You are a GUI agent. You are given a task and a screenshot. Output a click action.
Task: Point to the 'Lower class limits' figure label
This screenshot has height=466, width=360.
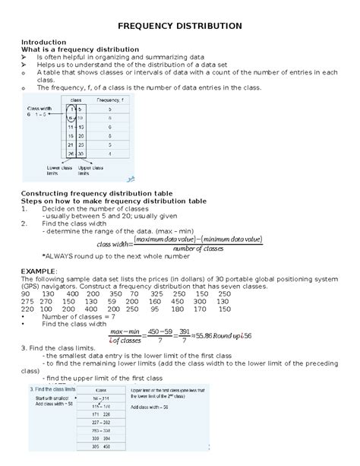(x=58, y=170)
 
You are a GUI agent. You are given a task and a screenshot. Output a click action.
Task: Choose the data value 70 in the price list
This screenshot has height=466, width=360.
(x=137, y=293)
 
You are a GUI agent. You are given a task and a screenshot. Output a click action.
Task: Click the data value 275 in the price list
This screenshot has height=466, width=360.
(x=27, y=301)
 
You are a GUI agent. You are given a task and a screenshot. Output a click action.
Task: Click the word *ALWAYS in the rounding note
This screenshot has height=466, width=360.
(x=56, y=256)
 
